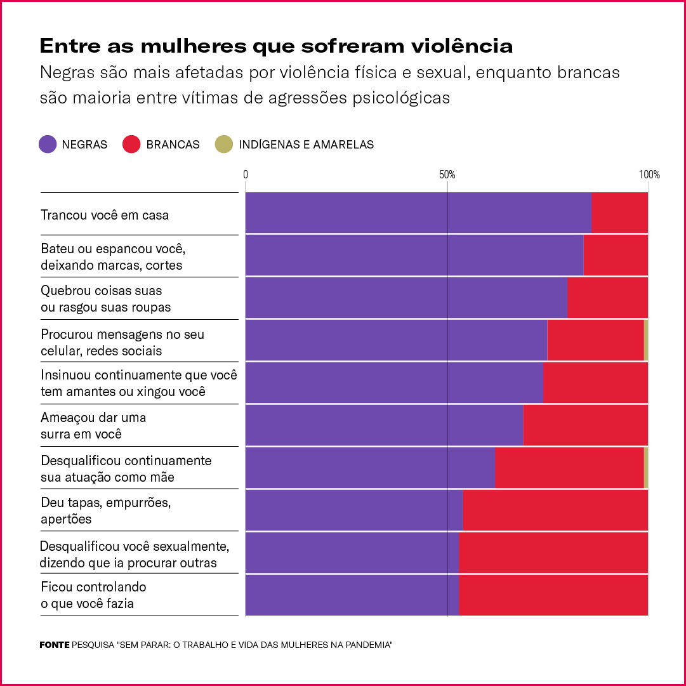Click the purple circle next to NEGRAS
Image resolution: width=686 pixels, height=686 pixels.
48,144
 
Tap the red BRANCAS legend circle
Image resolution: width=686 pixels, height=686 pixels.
131,144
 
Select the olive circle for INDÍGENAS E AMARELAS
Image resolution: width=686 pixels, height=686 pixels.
224,144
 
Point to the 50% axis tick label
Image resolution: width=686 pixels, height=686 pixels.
447,175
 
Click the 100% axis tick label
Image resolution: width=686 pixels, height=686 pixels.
649,175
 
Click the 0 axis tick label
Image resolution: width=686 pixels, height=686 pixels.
246,175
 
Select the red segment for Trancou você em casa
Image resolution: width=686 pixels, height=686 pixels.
619,213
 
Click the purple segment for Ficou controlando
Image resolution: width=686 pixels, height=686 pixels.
352,595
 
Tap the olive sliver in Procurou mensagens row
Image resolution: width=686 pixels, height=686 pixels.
646,341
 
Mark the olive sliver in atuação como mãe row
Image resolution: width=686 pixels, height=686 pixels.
646,468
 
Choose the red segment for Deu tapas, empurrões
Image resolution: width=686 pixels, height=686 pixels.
555,510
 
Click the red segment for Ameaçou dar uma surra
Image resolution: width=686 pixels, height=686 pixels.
585,425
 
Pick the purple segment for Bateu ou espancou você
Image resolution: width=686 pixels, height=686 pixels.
414,256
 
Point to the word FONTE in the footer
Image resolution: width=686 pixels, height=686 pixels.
55,645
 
